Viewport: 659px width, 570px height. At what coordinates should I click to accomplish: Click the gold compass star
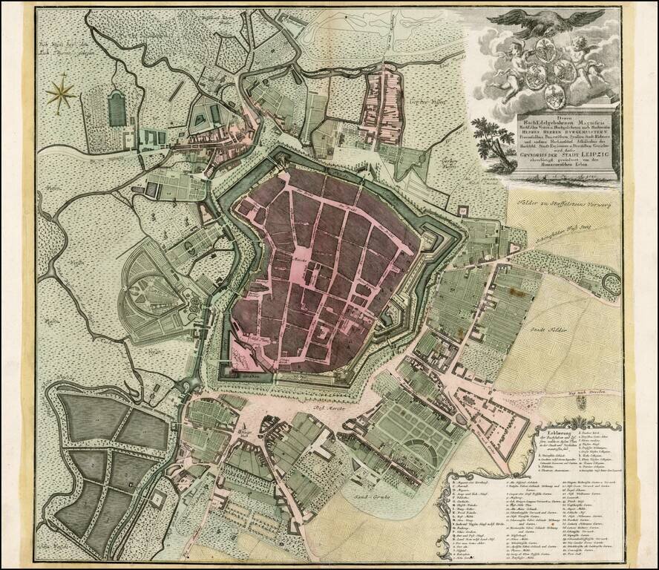coord(61,94)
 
